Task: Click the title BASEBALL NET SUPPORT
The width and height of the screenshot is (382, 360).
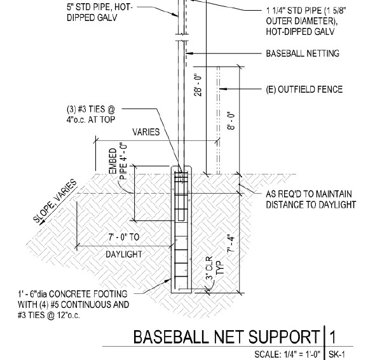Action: tap(225, 337)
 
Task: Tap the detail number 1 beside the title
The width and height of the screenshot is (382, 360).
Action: tap(333, 337)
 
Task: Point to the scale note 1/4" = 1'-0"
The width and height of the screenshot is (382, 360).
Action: tap(290, 354)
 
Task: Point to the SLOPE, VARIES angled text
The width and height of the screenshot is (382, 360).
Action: tap(54, 201)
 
